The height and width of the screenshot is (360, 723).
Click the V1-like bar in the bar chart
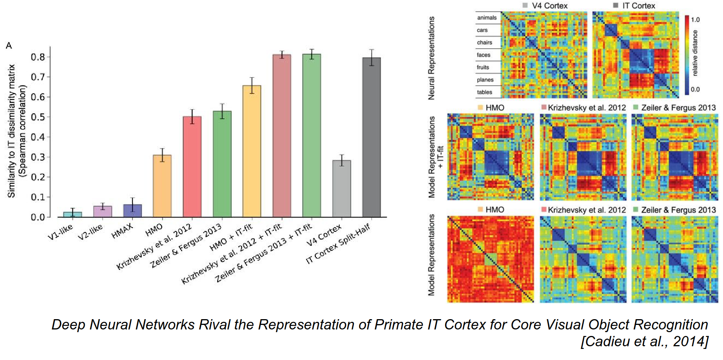pyautogui.click(x=73, y=214)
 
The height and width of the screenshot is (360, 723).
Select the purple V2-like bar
pyautogui.click(x=103, y=211)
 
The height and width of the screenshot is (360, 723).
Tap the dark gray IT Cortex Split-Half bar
pyautogui.click(x=371, y=137)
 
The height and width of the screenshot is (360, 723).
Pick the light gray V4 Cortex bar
pyautogui.click(x=342, y=189)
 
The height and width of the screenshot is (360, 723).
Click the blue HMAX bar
pyautogui.click(x=132, y=211)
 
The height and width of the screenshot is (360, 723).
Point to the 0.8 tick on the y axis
pyautogui.click(x=38, y=57)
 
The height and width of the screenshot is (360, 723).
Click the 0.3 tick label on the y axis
pyautogui.click(x=38, y=157)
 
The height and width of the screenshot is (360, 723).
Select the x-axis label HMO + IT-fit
pyautogui.click(x=231, y=238)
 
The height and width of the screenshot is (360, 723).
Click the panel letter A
pyautogui.click(x=9, y=46)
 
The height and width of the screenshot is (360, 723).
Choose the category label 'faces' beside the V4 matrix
pyautogui.click(x=483, y=55)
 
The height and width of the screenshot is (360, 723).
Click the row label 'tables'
pyautogui.click(x=484, y=92)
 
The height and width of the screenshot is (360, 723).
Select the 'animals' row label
pyautogui.click(x=487, y=18)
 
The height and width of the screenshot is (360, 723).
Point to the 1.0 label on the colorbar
pyautogui.click(x=695, y=19)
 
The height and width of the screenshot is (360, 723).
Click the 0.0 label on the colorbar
pyautogui.click(x=695, y=89)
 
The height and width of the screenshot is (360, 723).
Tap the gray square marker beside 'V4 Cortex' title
pyautogui.click(x=525, y=5)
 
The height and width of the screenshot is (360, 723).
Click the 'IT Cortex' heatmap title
pyautogui.click(x=639, y=5)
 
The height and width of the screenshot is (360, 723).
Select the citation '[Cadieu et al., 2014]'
pyautogui.click(x=644, y=341)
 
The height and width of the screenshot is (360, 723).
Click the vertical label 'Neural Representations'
pyautogui.click(x=431, y=58)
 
